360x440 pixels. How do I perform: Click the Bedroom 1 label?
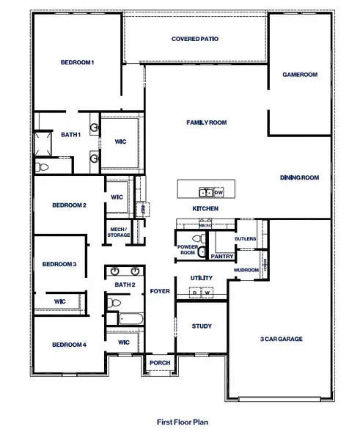(x=77, y=63)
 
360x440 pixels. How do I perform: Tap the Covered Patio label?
(x=194, y=39)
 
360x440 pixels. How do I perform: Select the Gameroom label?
(x=300, y=75)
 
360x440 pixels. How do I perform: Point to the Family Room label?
(x=206, y=122)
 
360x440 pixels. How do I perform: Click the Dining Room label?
(x=300, y=177)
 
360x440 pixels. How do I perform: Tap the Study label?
(x=202, y=326)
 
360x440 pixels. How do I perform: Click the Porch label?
(x=159, y=363)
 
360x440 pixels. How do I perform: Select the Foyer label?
(x=160, y=290)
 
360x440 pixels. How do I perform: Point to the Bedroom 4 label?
(x=70, y=345)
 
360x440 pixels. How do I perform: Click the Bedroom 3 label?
(x=59, y=264)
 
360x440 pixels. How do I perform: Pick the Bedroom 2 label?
(x=70, y=205)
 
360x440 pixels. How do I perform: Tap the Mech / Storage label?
(x=118, y=232)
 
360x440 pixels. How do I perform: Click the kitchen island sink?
(x=206, y=192)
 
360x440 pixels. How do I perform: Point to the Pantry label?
(x=221, y=256)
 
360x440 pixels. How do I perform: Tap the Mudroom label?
(x=246, y=270)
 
